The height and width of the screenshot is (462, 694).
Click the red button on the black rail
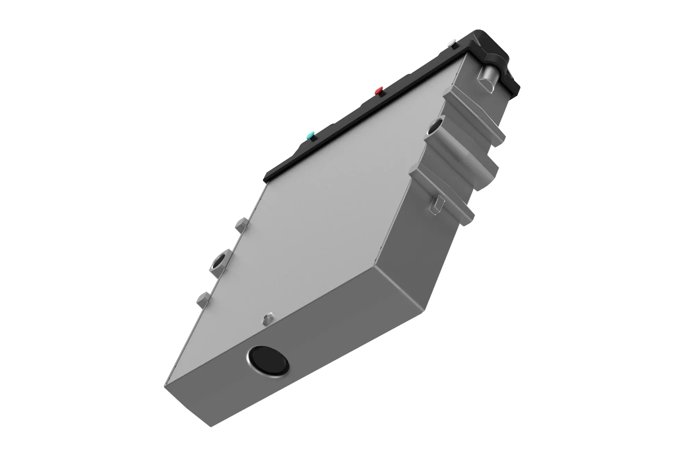pos(379,91)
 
